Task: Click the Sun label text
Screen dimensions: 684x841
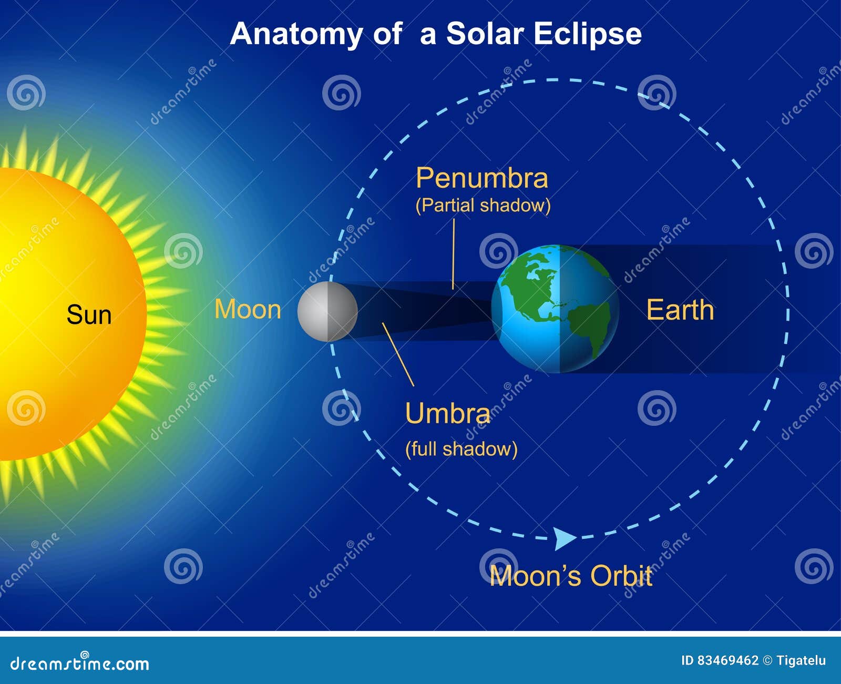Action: [89, 315]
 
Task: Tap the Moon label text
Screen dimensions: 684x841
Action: [248, 309]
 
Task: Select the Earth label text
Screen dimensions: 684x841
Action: [680, 310]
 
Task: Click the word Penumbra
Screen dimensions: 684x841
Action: [481, 178]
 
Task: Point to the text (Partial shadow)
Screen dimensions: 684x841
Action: [483, 205]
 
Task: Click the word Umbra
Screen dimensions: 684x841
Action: [447, 413]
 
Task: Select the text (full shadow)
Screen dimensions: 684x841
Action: [461, 449]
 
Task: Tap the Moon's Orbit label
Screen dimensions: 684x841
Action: [570, 576]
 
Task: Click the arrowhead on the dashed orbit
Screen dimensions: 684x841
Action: [565, 538]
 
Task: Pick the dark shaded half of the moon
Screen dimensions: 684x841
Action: [343, 311]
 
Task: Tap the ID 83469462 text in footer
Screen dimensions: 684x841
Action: [720, 661]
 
